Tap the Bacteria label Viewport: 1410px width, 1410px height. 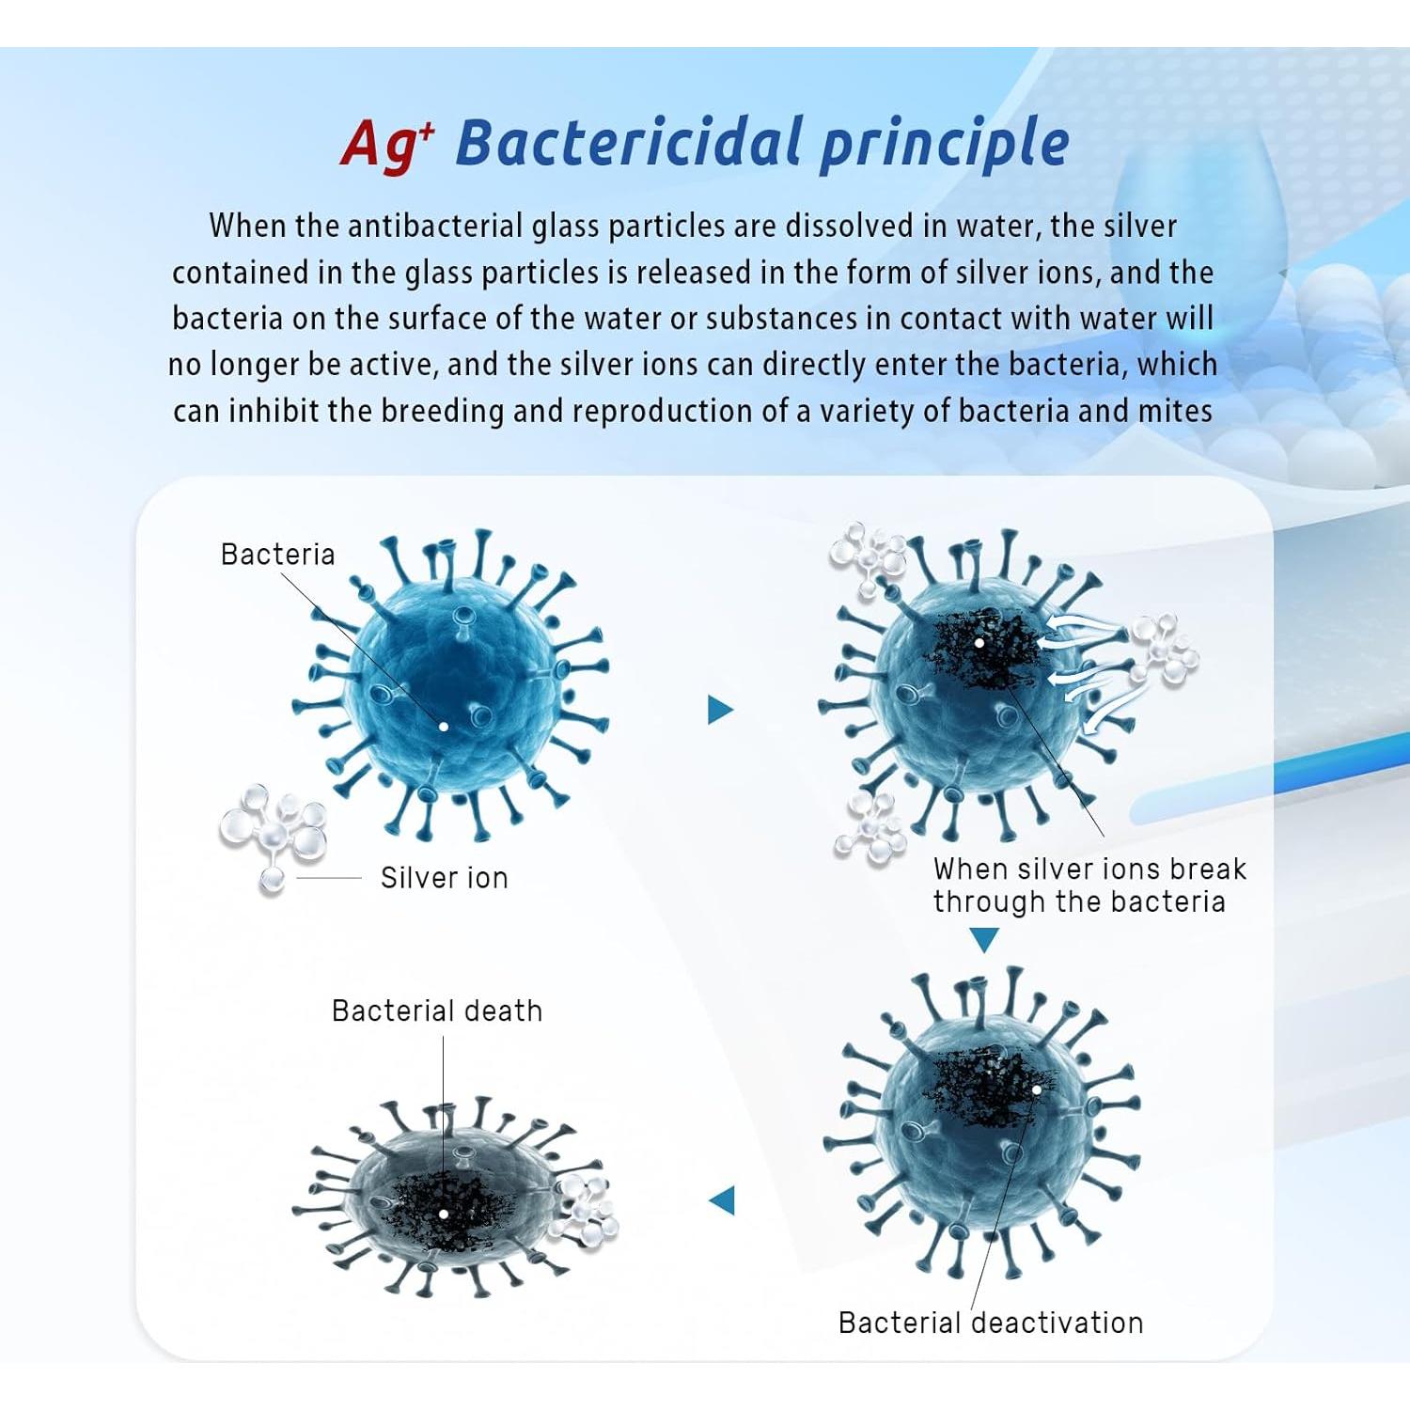coord(277,555)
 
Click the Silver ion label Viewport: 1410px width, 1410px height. coord(444,878)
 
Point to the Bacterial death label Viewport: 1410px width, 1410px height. coord(437,1010)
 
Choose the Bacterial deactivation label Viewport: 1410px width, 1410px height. coord(991,1323)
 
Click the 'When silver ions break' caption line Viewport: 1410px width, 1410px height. coord(1089,869)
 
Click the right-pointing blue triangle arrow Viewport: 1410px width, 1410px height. coord(720,710)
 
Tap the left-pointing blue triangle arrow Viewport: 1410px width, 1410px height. coord(721,1200)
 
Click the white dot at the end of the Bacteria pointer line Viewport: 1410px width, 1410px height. coord(444,727)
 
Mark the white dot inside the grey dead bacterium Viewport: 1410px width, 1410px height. coord(444,1214)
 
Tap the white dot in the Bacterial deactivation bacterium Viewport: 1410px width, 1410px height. coord(1036,1090)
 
